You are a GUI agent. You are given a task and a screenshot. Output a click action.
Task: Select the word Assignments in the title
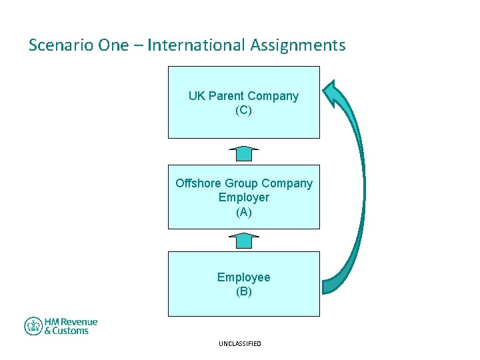coord(298,45)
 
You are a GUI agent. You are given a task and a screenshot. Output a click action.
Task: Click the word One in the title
coord(111,45)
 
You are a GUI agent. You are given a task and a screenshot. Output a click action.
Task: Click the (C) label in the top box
coord(244,111)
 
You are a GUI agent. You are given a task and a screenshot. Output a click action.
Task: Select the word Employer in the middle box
coord(244,198)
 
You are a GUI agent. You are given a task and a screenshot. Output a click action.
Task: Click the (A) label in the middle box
coord(244,213)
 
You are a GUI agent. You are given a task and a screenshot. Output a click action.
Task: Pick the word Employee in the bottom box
coord(244,277)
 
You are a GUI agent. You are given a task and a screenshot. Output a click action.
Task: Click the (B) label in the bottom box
coord(244,292)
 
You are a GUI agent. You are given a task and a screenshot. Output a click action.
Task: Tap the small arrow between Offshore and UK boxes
coord(244,153)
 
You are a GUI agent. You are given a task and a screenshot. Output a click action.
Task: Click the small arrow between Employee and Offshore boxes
coord(244,240)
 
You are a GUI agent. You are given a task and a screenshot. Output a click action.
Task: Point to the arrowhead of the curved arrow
coord(333,93)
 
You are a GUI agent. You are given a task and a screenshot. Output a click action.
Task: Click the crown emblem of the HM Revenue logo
coord(33,326)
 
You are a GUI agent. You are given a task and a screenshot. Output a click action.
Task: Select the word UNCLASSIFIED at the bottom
coord(240,344)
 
